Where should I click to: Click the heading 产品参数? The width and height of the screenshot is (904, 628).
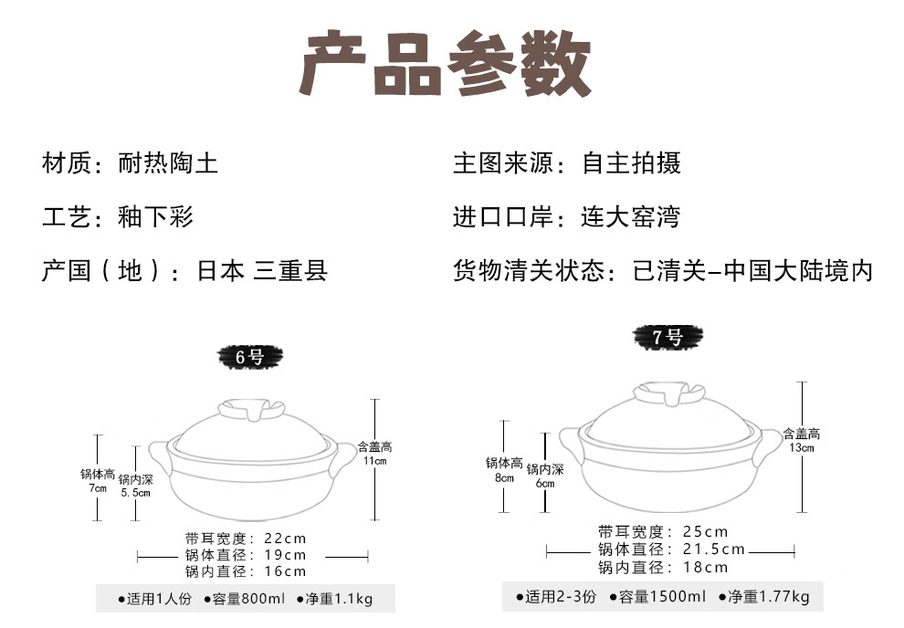[x=446, y=63]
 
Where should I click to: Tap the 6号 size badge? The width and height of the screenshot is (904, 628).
[x=249, y=357]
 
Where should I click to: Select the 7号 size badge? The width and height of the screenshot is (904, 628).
[x=668, y=337]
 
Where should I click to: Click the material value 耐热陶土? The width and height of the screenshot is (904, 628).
[x=168, y=164]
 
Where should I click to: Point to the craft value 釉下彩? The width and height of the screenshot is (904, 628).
[x=156, y=217]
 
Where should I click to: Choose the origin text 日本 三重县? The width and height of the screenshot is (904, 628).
[x=262, y=271]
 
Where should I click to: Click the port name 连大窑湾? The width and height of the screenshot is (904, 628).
[x=630, y=217]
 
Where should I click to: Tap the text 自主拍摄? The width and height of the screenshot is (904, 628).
[x=631, y=164]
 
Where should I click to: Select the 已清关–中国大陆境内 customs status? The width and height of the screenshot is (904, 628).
[x=753, y=271]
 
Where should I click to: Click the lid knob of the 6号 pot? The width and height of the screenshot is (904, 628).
[x=250, y=409]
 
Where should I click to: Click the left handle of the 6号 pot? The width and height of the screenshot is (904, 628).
[x=161, y=455]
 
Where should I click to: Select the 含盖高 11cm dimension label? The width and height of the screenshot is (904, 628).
[x=374, y=454]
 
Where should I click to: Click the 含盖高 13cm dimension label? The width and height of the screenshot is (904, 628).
[x=801, y=441]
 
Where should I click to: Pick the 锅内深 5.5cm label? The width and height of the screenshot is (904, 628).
[x=135, y=486]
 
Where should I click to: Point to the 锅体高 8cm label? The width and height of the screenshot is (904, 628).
[x=504, y=470]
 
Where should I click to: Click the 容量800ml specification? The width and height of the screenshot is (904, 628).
[x=249, y=600]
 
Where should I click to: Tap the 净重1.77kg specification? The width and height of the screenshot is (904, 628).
[x=764, y=597]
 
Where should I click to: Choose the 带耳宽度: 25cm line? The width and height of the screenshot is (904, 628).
[x=663, y=531]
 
